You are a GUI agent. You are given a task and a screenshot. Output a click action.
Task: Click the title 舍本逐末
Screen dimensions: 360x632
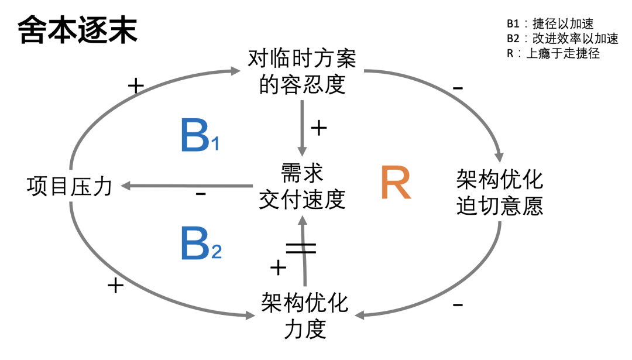pos(78,29)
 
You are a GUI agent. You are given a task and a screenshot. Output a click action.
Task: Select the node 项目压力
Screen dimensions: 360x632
pos(69,187)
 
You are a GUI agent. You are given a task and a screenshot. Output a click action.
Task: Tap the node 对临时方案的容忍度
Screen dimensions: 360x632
pos(302,72)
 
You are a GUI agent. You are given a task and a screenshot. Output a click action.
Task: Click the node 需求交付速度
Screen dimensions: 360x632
pos(302,187)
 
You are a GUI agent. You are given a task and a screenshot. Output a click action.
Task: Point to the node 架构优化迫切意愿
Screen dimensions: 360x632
pos(499,193)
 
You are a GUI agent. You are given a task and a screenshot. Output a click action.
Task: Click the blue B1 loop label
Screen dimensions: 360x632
pos(200,135)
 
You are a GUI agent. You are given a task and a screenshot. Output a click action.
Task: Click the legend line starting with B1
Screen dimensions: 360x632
pos(550,24)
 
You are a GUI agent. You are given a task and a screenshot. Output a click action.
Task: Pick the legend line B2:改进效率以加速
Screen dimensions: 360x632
pos(562,39)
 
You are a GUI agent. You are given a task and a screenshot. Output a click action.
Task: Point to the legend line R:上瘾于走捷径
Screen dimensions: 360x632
pos(553,54)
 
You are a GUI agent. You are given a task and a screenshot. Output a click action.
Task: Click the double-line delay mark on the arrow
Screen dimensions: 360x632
pos(301,248)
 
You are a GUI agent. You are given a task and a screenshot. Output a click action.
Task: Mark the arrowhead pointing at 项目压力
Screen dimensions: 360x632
pos(125,186)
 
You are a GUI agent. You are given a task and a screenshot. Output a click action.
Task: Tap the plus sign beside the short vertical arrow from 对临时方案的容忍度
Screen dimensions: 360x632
pos(318,128)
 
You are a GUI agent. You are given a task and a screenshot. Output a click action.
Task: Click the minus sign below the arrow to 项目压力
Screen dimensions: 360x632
pos(201,193)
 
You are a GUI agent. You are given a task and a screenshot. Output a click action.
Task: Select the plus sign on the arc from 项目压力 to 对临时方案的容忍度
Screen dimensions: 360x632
pos(135,87)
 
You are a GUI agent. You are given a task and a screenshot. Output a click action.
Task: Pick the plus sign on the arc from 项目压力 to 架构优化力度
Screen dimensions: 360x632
pos(116,285)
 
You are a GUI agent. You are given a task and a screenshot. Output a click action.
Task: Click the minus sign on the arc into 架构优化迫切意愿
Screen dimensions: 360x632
pos(458,88)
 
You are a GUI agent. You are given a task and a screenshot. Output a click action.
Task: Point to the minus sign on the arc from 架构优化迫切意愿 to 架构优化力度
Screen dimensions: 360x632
pos(458,304)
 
